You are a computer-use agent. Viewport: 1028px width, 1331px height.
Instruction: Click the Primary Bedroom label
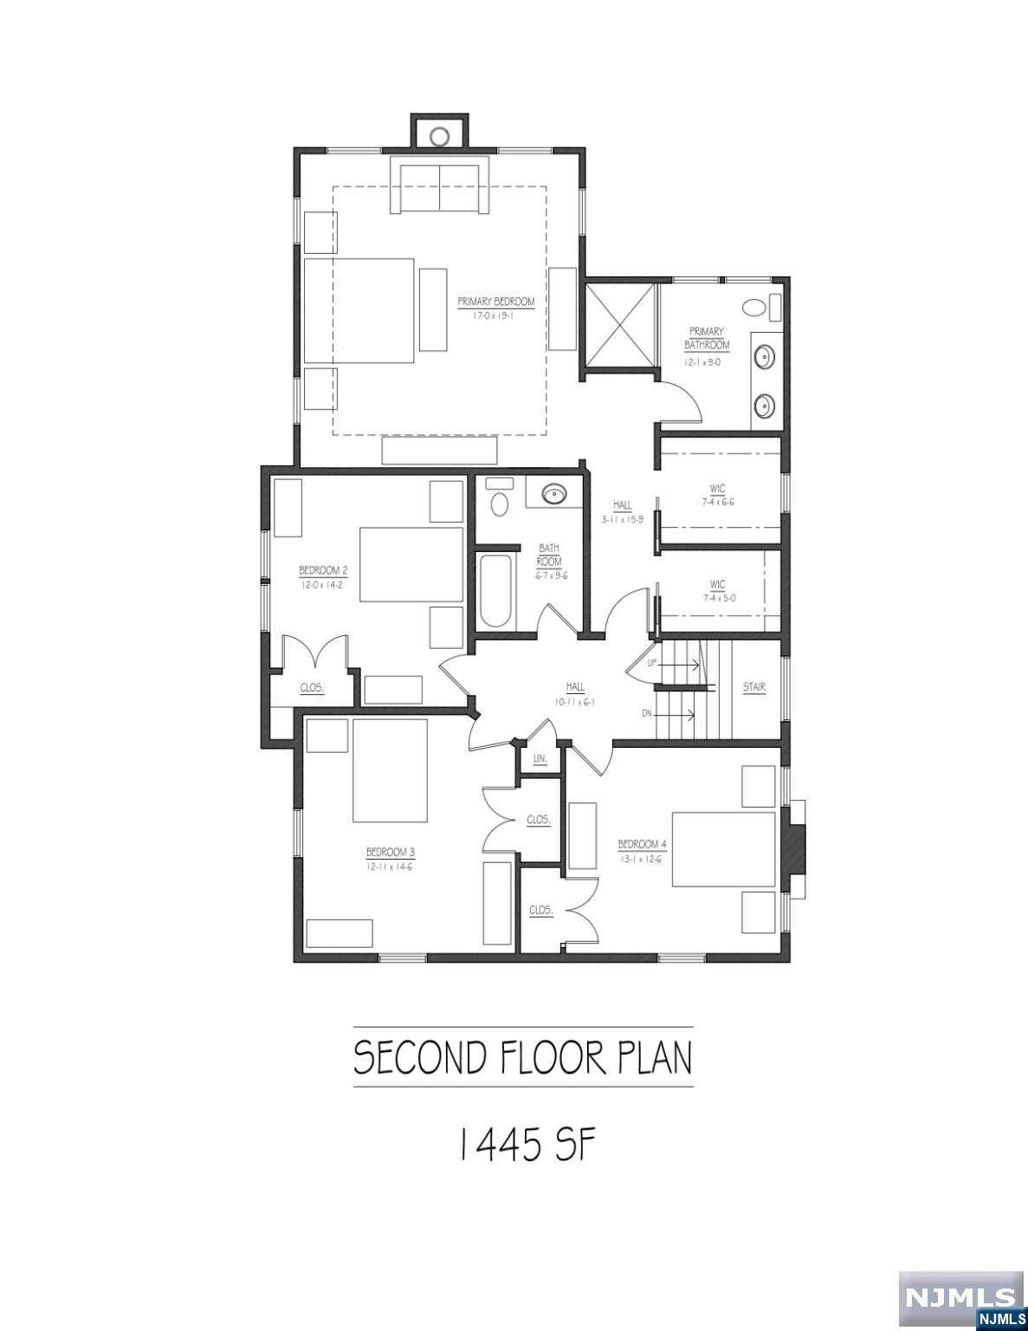pyautogui.click(x=496, y=302)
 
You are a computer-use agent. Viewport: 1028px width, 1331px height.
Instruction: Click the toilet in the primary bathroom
pyautogui.click(x=755, y=307)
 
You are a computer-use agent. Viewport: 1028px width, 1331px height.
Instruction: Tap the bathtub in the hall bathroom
pyautogui.click(x=495, y=591)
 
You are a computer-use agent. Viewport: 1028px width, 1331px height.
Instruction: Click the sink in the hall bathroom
pyautogui.click(x=553, y=494)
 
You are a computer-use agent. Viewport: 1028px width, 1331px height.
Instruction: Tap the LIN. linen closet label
pyautogui.click(x=540, y=758)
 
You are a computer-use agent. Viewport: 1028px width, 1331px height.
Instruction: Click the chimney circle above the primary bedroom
pyautogui.click(x=439, y=135)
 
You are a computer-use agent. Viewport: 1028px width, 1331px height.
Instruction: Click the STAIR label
pyautogui.click(x=753, y=688)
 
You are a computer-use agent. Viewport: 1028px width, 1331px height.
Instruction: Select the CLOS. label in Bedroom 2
pyautogui.click(x=312, y=688)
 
